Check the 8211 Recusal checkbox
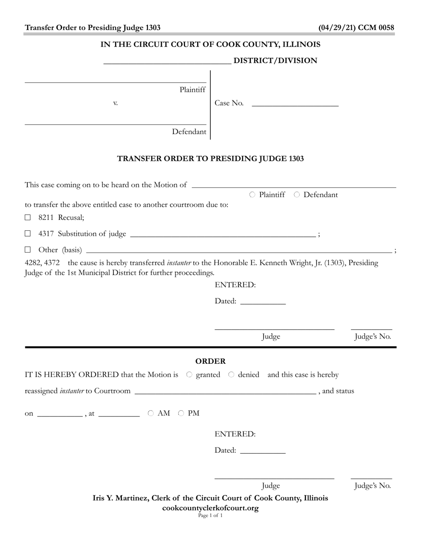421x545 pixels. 28,218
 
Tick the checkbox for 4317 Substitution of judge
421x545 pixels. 28,234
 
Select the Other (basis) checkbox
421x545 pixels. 28,250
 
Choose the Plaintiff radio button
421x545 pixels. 252,195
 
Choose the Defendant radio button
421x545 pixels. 297,195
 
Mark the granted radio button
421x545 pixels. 189,375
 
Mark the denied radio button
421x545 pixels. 231,375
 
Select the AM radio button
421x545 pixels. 151,413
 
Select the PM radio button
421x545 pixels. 181,413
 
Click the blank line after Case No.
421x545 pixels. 295,104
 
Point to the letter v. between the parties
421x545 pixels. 115,103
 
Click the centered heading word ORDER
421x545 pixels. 210,361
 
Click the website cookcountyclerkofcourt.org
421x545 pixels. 210,508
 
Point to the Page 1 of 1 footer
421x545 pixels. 210,515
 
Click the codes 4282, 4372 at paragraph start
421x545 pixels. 42,263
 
